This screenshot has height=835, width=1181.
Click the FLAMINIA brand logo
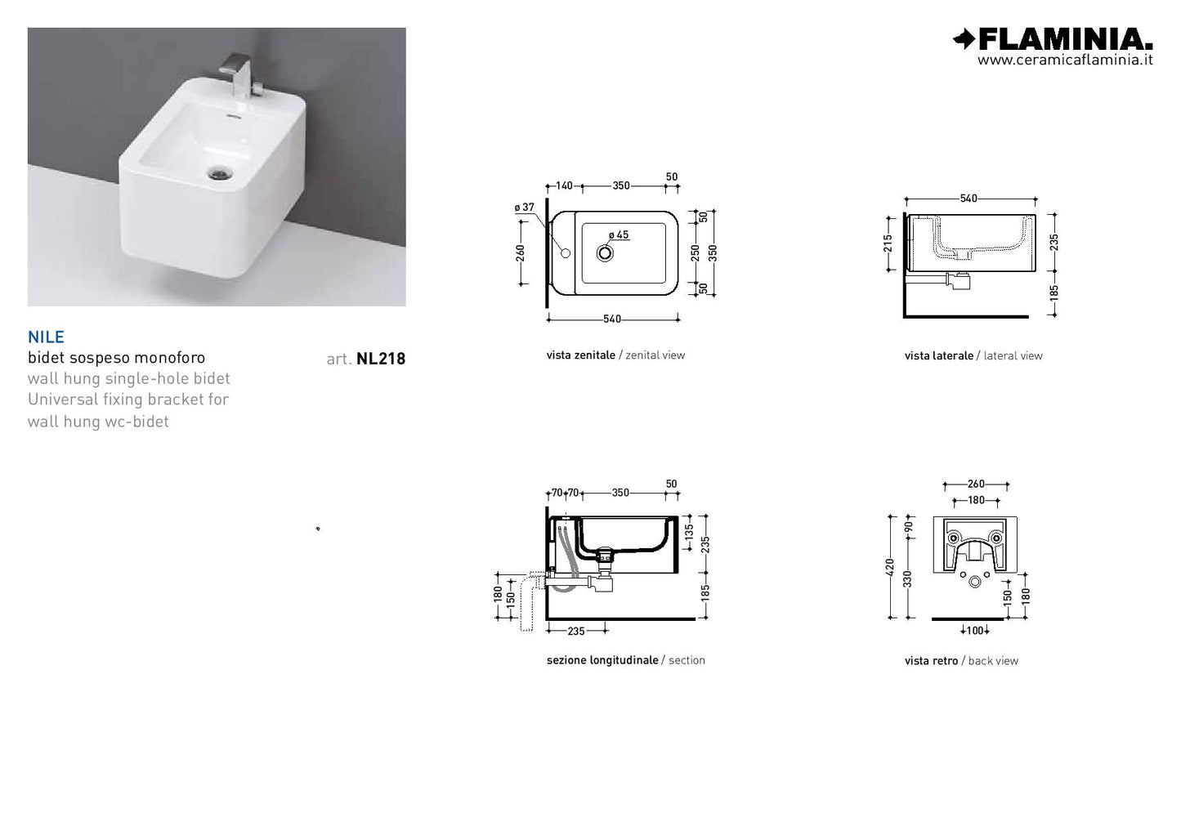point(1053,39)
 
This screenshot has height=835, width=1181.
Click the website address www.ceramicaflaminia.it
point(1065,60)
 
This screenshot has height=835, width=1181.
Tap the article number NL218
point(381,359)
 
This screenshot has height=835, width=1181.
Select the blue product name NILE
point(46,337)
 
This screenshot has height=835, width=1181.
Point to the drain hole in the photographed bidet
point(219,172)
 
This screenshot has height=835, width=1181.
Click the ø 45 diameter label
point(619,234)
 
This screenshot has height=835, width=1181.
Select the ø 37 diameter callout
point(525,208)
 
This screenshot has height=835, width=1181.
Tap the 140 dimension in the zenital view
point(564,185)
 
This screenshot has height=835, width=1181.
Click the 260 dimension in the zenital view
point(521,253)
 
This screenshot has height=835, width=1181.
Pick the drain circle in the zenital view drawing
point(605,253)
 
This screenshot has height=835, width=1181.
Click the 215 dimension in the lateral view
point(888,243)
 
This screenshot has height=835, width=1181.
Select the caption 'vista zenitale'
point(580,355)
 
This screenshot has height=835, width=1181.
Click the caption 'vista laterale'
point(939,356)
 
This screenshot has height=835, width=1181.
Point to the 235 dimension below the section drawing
point(576,631)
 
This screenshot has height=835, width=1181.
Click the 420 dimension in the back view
point(890,567)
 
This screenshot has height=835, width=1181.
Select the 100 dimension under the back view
point(975,631)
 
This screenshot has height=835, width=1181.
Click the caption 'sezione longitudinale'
point(602,660)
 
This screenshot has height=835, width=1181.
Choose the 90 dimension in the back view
point(908,527)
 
